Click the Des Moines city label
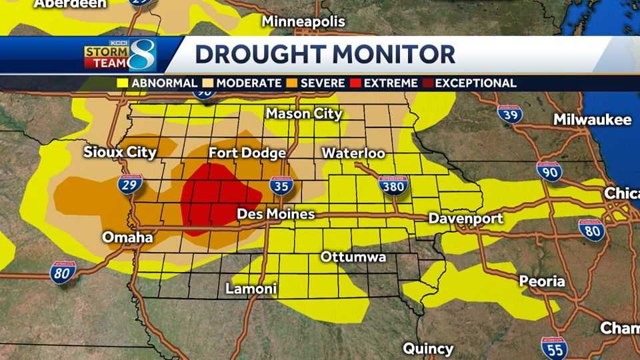276,215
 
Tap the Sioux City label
120,152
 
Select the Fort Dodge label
247,153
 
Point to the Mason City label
304,113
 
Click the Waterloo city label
353,153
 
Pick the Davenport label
465,218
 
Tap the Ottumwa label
353,257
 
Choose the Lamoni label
251,289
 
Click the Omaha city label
127,237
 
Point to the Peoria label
542,281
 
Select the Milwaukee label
592,120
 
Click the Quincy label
428,348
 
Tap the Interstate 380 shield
393,185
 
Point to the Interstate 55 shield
554,347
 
